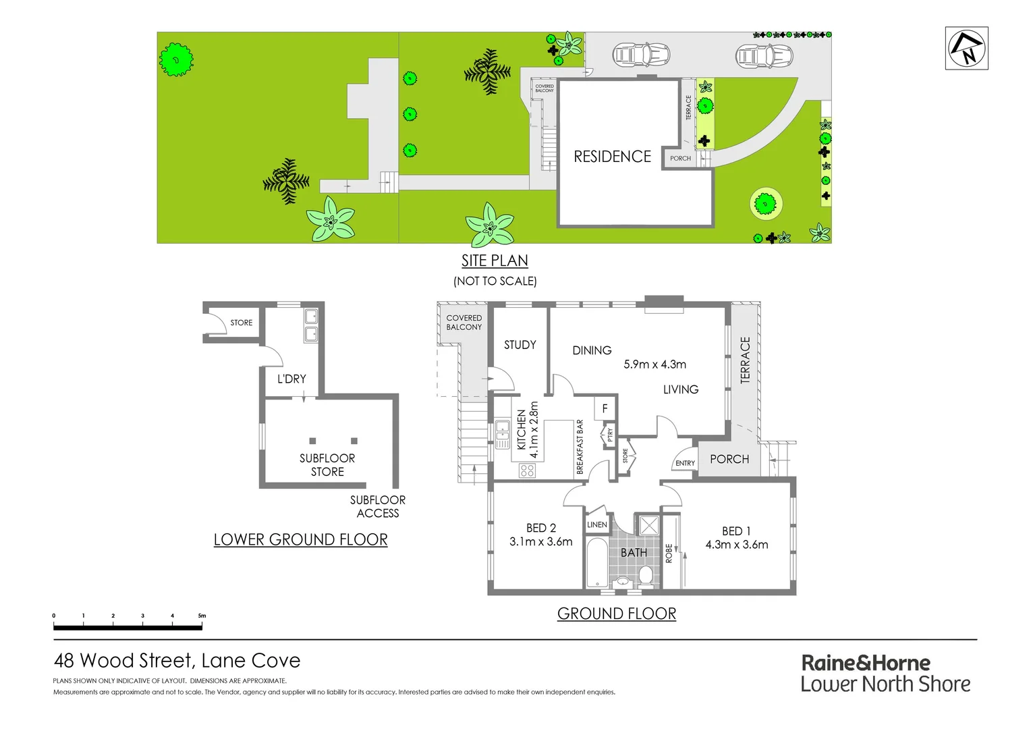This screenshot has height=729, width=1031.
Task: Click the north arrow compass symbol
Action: (x=966, y=48)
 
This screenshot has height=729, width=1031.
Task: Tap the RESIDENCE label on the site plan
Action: (x=612, y=157)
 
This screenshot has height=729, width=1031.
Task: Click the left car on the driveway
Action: (x=640, y=55)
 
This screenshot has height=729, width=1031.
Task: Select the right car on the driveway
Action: (x=763, y=55)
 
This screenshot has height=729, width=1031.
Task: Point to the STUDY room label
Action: (x=520, y=345)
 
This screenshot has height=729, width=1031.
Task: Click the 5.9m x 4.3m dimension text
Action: (x=654, y=364)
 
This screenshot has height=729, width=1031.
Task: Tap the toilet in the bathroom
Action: (x=645, y=575)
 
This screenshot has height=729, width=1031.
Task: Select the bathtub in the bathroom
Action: (x=596, y=562)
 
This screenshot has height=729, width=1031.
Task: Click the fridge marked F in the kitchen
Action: (x=605, y=408)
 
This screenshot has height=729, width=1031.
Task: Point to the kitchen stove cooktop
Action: (x=527, y=470)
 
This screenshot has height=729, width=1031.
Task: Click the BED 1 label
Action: (x=735, y=531)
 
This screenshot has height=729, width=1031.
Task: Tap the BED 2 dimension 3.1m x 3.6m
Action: (x=540, y=541)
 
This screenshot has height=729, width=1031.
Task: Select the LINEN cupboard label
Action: (x=596, y=524)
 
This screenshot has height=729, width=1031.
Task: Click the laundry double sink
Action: (x=310, y=325)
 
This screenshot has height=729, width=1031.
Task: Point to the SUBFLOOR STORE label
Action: (x=327, y=464)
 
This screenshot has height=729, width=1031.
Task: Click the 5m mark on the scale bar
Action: (x=202, y=616)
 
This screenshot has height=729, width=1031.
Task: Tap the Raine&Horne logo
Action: (x=885, y=673)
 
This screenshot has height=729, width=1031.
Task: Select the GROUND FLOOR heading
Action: (x=616, y=614)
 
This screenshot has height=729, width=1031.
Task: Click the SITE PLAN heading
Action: (x=495, y=261)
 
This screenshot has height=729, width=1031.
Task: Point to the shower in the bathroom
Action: (x=648, y=525)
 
